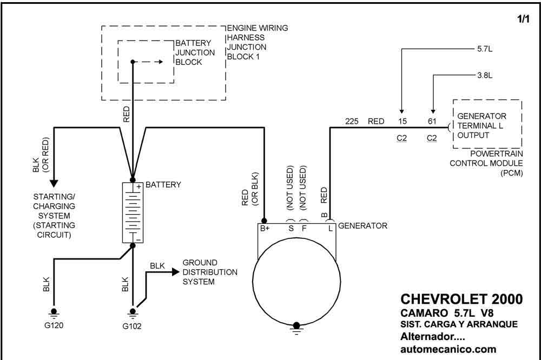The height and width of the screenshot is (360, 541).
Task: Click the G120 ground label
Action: [x=54, y=325]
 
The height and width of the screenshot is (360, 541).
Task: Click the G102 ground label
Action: [x=132, y=326]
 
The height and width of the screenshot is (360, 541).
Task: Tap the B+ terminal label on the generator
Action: [x=265, y=228]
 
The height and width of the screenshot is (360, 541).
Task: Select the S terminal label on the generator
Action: [x=291, y=228]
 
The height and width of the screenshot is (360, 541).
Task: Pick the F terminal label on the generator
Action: [x=304, y=228]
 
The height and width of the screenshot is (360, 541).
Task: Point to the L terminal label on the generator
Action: [x=331, y=228]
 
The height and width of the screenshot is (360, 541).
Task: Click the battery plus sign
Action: [x=138, y=186]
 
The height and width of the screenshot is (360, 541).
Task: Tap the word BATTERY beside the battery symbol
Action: [x=163, y=185]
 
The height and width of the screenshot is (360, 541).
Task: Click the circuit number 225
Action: [x=352, y=122]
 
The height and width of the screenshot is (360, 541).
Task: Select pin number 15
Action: [x=403, y=122]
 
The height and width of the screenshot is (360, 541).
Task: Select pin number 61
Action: [x=432, y=122]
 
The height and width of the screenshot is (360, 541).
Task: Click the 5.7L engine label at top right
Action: [x=485, y=49]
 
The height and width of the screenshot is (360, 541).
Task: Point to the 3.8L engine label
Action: [x=485, y=75]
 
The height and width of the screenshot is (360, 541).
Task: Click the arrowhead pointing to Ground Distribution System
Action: [x=176, y=272]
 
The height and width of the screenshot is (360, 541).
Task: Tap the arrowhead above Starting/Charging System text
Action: [x=54, y=183]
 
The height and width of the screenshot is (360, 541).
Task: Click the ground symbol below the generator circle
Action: [x=296, y=329]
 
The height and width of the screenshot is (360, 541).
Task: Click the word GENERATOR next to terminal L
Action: [x=362, y=226]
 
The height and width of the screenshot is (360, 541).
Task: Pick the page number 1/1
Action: [x=523, y=18]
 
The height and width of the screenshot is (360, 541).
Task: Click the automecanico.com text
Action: [x=448, y=349]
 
